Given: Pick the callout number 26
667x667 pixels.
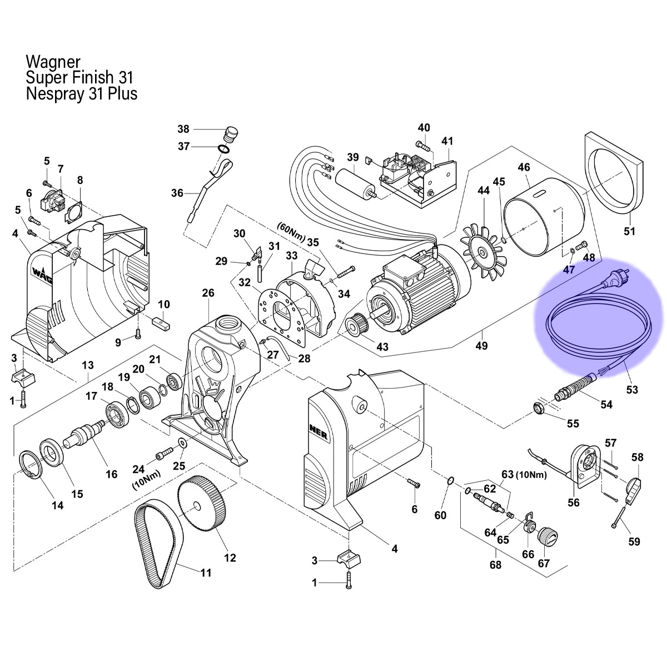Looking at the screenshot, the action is [x=208, y=293].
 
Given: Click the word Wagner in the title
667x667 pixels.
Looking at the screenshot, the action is [x=53, y=62].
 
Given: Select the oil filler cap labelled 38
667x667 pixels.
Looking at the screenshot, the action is [x=230, y=134].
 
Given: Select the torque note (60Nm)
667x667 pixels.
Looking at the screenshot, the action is [x=291, y=233].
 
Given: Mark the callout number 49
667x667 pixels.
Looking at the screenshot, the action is [x=481, y=345].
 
